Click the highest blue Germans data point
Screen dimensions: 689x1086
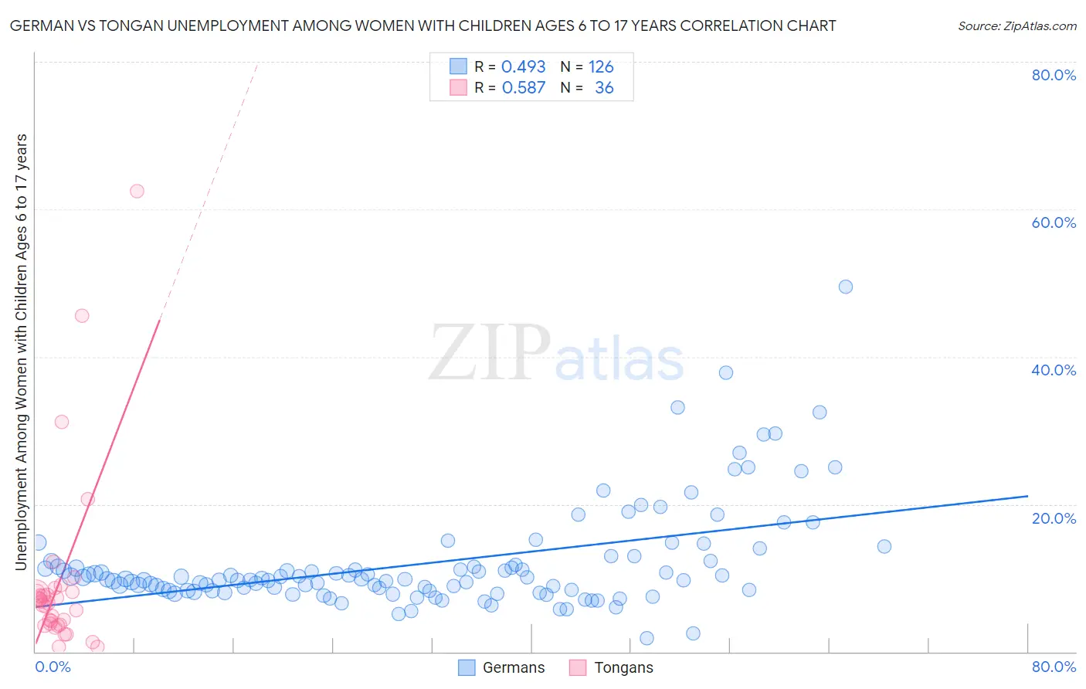coord(845,287)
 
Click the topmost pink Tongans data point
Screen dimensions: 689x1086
coord(137,191)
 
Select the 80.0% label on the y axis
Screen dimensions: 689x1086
coord(1054,75)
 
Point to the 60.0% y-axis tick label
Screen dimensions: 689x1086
coord(1054,222)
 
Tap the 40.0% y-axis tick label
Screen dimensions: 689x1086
coord(1054,370)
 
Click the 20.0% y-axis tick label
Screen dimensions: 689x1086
coord(1054,518)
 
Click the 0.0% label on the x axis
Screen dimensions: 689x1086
coord(53,667)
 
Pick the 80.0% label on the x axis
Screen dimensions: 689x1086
coord(1054,667)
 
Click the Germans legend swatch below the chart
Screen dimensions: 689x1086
coord(467,667)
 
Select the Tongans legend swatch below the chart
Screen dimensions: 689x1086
coord(578,667)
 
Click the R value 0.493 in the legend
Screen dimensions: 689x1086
coord(523,67)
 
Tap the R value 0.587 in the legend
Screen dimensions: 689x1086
coord(523,88)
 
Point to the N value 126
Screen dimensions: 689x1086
coord(601,67)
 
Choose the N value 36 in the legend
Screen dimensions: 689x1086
coord(604,88)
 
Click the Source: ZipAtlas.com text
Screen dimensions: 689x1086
coord(1016,26)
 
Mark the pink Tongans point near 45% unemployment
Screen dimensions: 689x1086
coord(81,315)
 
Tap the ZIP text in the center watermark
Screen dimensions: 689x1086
coord(490,352)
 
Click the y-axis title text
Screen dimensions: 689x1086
coord(22,352)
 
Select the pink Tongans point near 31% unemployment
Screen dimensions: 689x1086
coord(62,422)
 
